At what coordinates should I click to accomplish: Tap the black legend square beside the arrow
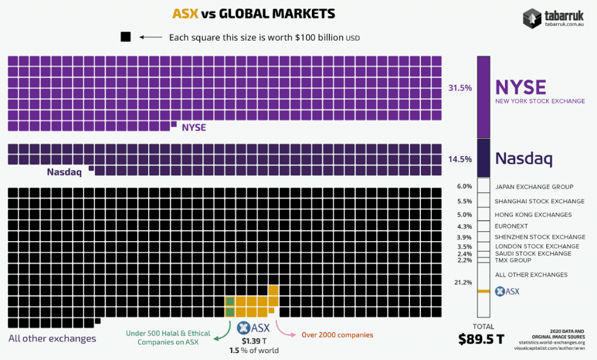coord(125,37)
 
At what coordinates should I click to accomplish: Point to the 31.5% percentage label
coord(460,88)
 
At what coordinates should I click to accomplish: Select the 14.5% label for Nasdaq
coord(460,158)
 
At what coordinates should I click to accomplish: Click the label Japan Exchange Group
coord(534,187)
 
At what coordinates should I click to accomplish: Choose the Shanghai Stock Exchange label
coord(539,201)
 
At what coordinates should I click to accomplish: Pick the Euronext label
coord(511,226)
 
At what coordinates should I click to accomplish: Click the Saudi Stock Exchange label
coord(533,253)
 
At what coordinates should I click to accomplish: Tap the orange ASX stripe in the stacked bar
coord(483,291)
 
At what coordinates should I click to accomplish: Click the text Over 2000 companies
coord(337,335)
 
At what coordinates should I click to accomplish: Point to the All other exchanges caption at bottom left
coord(52,338)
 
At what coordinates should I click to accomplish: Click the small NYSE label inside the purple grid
coord(194,127)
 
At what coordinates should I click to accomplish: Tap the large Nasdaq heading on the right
coord(524,158)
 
